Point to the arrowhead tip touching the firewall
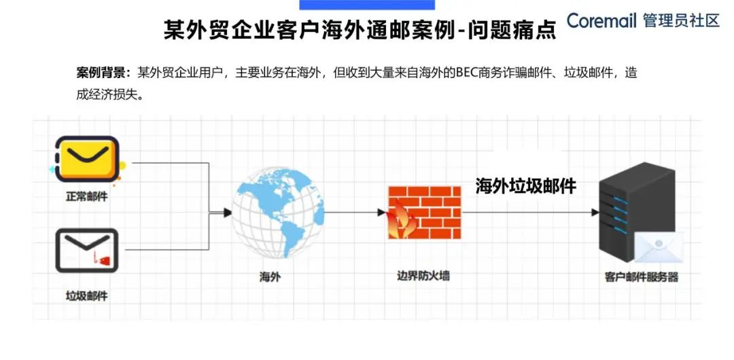387,213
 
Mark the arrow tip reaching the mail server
599,213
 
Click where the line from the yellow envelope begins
133,163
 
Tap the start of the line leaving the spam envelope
126,249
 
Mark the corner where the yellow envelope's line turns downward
209,163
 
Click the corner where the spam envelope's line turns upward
209,249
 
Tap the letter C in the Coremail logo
574,20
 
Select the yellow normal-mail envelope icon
87,159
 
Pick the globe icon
278,213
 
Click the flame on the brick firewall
401,220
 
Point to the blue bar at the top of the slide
367,5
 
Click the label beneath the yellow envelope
86,196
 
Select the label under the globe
270,277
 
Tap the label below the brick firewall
423,276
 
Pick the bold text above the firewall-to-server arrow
525,186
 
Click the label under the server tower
642,277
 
